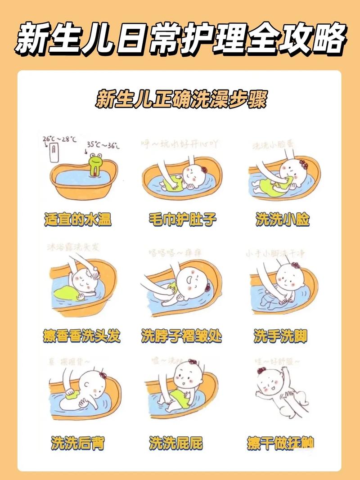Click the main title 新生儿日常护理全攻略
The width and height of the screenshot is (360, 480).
(180, 38)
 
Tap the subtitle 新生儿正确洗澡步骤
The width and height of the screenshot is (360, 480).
(180, 99)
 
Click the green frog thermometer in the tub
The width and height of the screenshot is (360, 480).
(95, 165)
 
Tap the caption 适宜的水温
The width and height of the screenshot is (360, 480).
(78, 220)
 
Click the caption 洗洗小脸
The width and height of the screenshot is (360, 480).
(283, 220)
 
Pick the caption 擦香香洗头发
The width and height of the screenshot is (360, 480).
(82, 336)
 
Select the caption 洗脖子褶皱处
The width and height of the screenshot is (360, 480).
(181, 336)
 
